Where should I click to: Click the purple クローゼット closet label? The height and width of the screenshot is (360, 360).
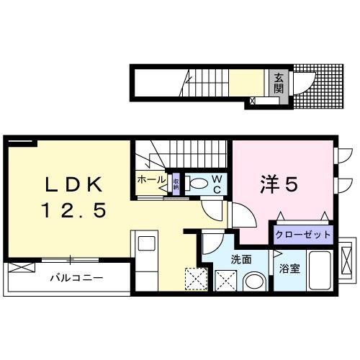coord(302,235)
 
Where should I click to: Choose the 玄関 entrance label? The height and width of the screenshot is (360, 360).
coord(277,85)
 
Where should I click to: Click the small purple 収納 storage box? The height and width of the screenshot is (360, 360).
coord(175,182)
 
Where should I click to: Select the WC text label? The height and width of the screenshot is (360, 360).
coord(215,184)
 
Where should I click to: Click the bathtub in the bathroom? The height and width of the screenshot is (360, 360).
coord(318,271)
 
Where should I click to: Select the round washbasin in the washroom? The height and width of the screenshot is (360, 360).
coord(253,281)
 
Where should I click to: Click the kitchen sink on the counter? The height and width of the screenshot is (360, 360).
coord(143,243)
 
